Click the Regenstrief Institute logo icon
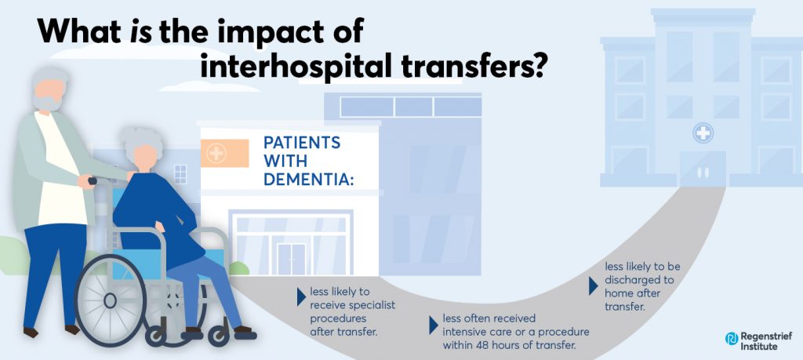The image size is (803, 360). coord(732,339)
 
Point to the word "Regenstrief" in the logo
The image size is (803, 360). coord(764,334)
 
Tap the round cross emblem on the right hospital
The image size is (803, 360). coord(703,133)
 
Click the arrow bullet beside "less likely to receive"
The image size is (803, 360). coord(301,296)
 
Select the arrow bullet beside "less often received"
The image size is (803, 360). coord(435,323)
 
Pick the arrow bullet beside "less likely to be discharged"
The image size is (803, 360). coord(594,286)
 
